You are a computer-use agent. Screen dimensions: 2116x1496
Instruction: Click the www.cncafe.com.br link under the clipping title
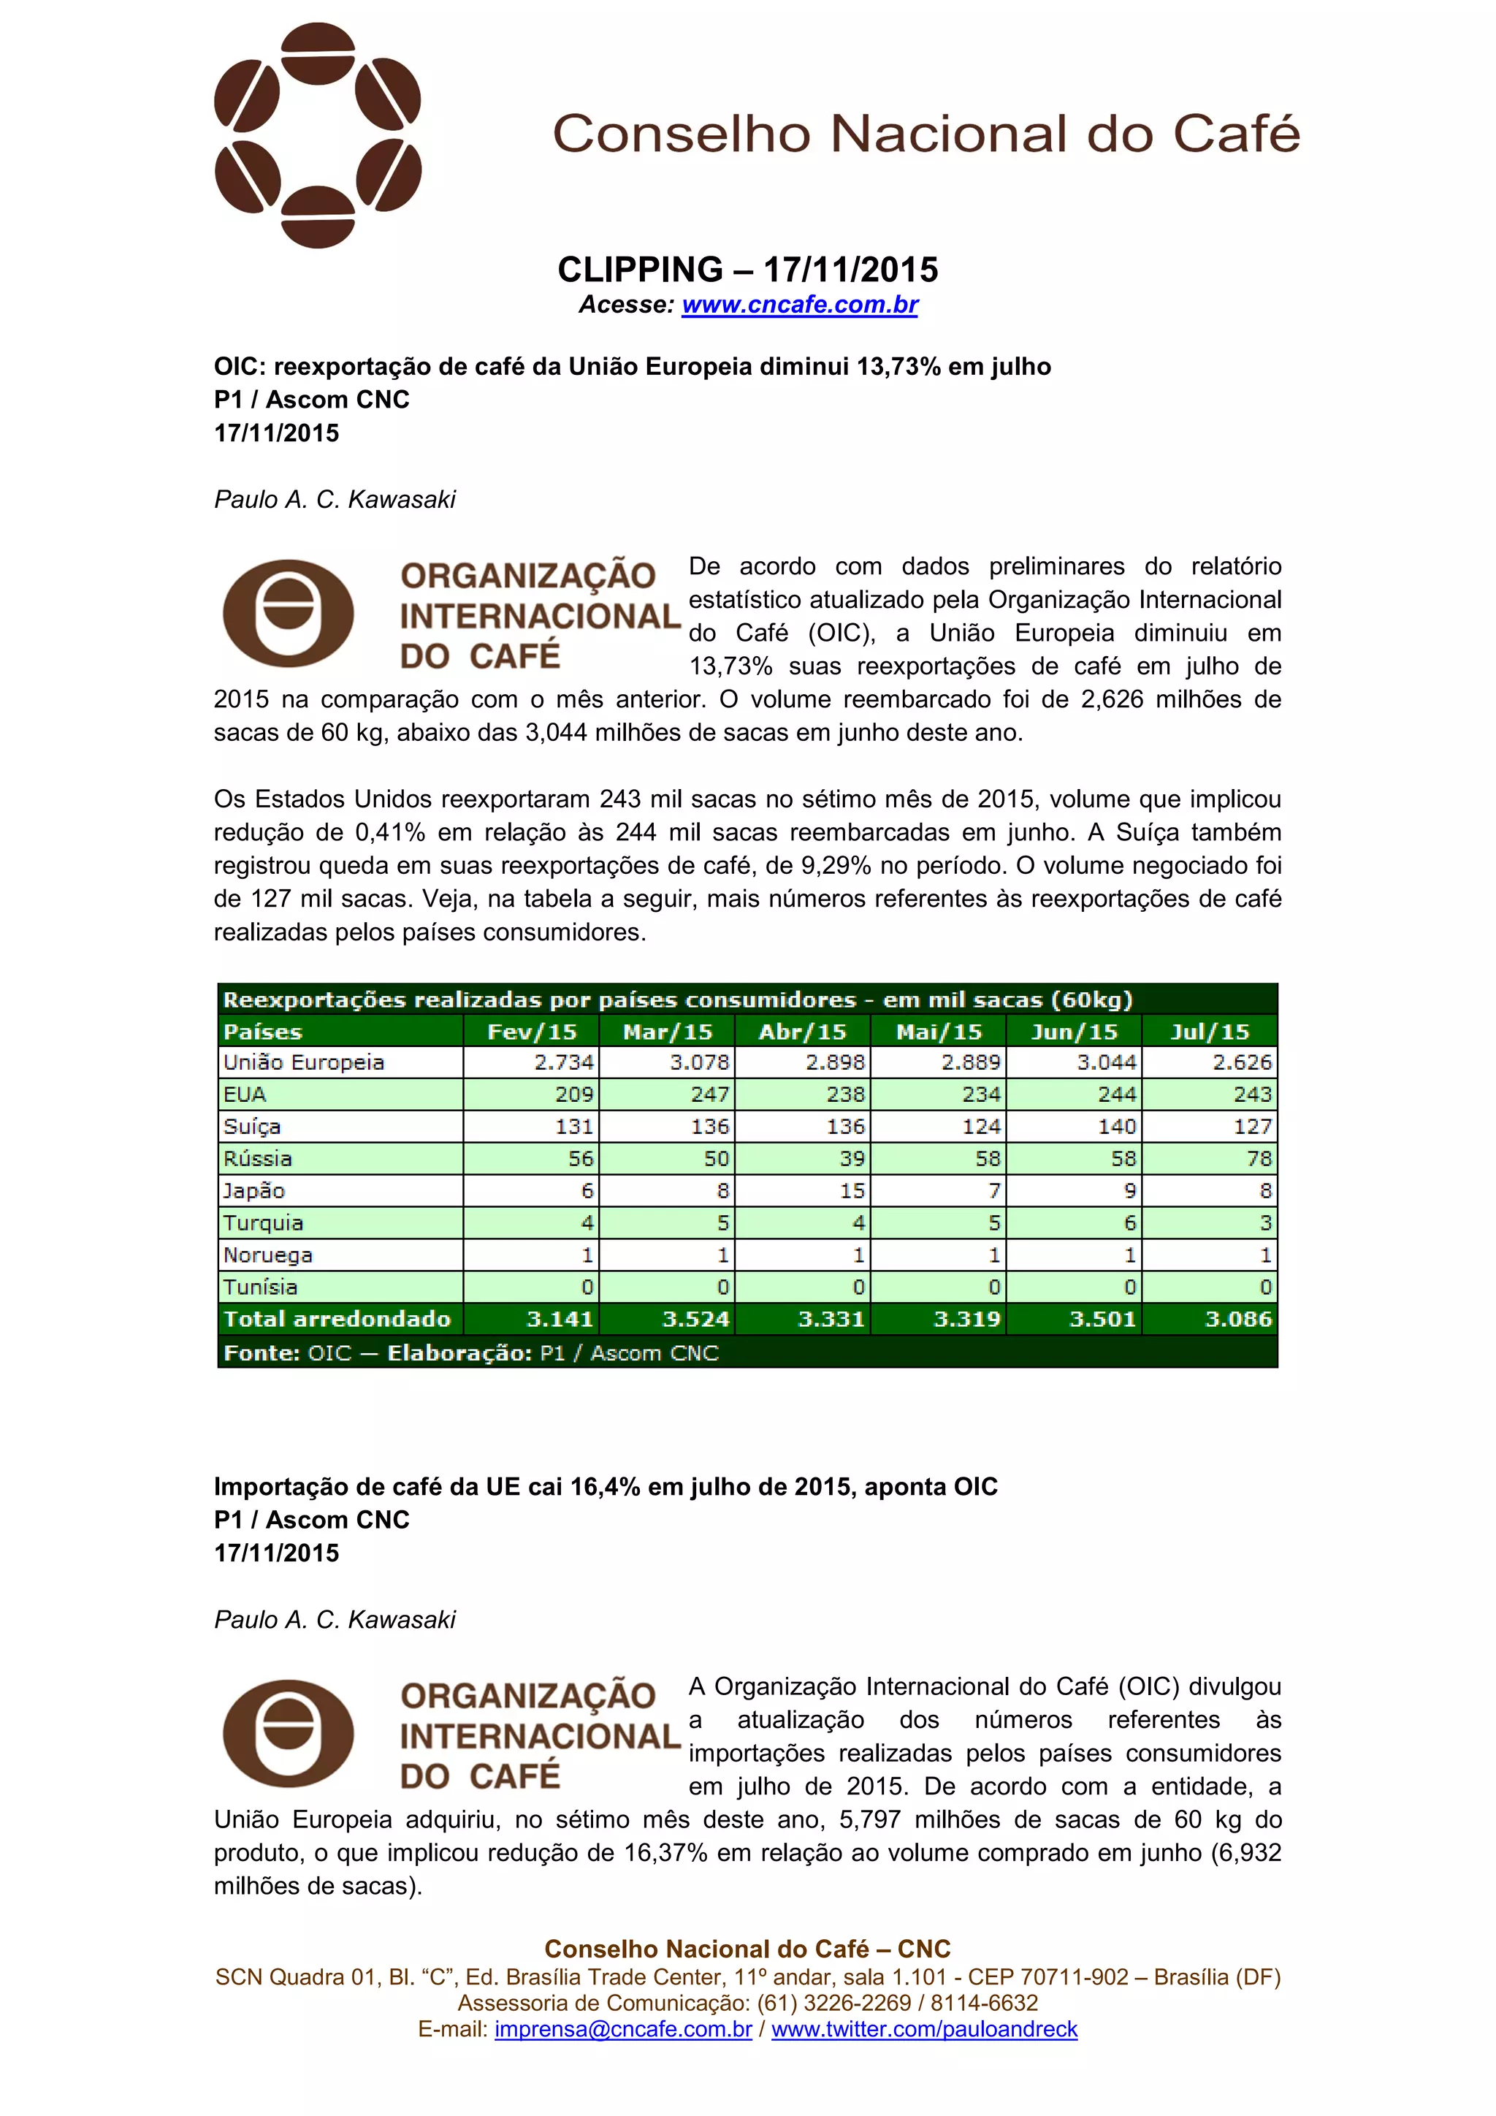[x=800, y=305]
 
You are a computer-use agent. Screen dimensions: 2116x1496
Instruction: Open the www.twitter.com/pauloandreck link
[x=924, y=2029]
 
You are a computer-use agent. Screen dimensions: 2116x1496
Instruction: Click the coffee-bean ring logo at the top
[x=318, y=135]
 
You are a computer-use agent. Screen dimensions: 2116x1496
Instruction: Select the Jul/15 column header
[x=1210, y=1031]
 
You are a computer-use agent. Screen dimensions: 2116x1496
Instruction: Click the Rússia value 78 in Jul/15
[x=1259, y=1158]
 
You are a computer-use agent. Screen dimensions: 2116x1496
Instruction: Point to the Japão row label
[x=254, y=1191]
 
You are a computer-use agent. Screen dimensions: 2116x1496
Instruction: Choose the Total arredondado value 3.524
[x=695, y=1320]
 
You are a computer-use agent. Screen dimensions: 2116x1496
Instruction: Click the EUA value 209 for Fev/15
[x=574, y=1095]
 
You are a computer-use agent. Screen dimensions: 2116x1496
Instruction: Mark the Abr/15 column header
[x=802, y=1031]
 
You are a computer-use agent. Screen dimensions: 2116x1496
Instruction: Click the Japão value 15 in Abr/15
[x=852, y=1191]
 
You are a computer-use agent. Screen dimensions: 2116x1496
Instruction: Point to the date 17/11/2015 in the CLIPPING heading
[x=850, y=270]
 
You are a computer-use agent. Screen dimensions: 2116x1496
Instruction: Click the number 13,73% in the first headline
[x=898, y=367]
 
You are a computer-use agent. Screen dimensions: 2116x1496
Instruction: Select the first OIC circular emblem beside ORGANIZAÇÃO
[x=289, y=613]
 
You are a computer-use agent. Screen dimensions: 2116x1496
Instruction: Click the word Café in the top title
[x=1235, y=134]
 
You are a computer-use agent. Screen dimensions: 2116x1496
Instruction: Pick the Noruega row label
[x=268, y=1255]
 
